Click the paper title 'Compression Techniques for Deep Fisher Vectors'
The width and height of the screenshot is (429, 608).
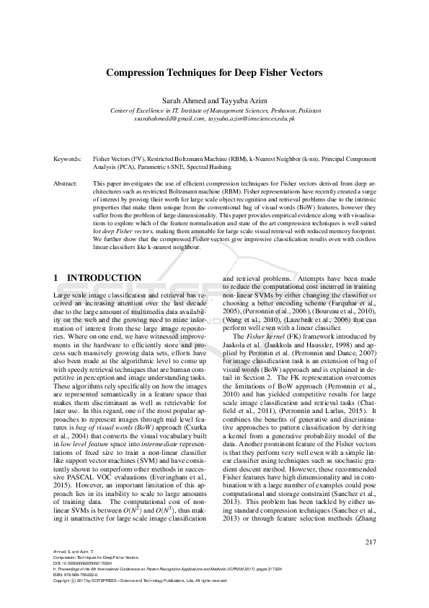(214, 73)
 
